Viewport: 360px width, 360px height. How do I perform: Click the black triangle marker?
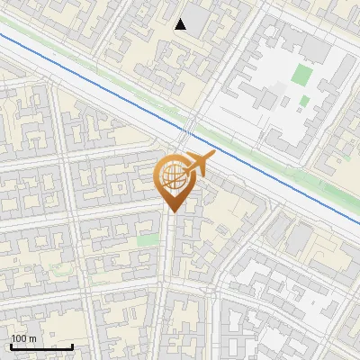pos(181,24)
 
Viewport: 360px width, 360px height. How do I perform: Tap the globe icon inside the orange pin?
pos(172,176)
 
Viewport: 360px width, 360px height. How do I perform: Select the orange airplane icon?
pos(199,165)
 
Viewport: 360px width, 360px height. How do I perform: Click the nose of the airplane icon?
pos(213,156)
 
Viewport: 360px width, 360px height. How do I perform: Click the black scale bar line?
pos(41,346)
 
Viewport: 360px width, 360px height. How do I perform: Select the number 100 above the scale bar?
pos(20,338)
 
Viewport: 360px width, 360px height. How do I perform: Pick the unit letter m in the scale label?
pos(32,338)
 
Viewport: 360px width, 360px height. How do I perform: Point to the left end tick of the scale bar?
pos(11,345)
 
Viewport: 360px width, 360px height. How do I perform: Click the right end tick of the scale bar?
pos(72,345)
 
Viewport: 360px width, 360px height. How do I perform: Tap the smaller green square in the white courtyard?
pos(304,101)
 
